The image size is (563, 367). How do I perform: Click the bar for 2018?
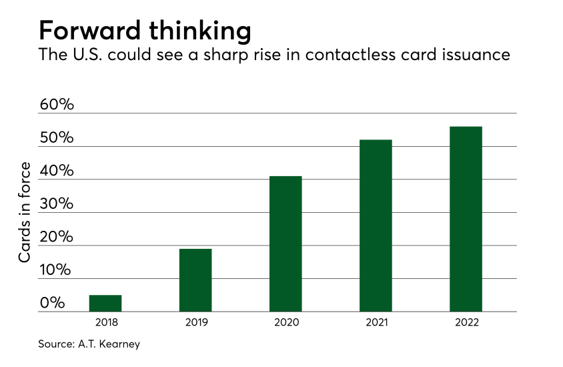[105, 304]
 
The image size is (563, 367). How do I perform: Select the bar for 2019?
[195, 280]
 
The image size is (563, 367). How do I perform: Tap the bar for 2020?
[286, 244]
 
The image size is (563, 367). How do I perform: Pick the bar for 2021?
[376, 226]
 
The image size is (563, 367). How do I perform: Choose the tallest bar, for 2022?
[466, 219]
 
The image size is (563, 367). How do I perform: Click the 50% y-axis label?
[57, 138]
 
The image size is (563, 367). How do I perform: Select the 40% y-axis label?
[57, 171]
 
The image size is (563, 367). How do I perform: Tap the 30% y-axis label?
[57, 204]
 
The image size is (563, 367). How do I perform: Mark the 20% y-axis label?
[57, 237]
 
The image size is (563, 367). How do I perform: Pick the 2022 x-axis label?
[466, 322]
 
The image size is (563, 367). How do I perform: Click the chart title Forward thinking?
[145, 31]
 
